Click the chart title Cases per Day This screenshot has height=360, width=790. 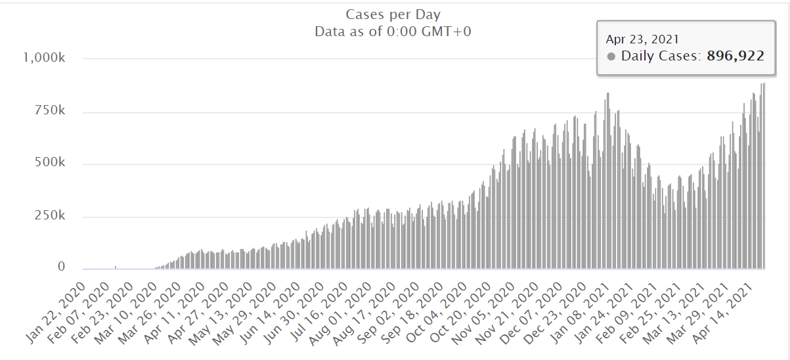[x=393, y=14]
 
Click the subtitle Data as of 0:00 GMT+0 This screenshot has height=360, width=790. [x=393, y=32]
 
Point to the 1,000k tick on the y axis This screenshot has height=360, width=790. [x=44, y=58]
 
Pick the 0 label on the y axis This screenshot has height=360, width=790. [x=61, y=267]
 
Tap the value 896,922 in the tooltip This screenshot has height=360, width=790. [x=735, y=56]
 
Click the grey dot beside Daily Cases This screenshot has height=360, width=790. [x=611, y=56]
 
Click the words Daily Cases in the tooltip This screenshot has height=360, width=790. [x=662, y=56]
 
